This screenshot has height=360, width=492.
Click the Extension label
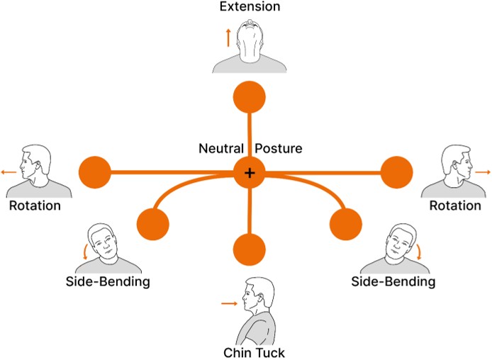pyautogui.click(x=250, y=8)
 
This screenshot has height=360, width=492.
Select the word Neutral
pyautogui.click(x=220, y=150)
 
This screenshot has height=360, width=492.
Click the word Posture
pyautogui.click(x=279, y=150)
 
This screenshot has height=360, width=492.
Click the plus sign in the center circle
pyautogui.click(x=249, y=173)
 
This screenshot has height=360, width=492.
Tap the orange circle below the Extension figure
pyautogui.click(x=249, y=96)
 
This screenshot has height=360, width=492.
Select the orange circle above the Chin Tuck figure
pyautogui.click(x=249, y=249)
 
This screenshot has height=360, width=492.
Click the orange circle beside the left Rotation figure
pyautogui.click(x=94, y=172)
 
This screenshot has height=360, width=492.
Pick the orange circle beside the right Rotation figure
pyautogui.click(x=396, y=172)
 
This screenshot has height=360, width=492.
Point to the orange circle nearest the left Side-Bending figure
pyautogui.click(x=152, y=224)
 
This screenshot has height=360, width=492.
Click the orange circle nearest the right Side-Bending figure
pyautogui.click(x=347, y=224)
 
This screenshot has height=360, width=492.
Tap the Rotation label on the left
pyautogui.click(x=35, y=206)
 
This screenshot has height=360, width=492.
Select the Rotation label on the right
pyautogui.click(x=455, y=206)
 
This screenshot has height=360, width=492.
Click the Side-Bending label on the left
pyautogui.click(x=108, y=282)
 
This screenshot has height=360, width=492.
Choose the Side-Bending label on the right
pyautogui.click(x=393, y=282)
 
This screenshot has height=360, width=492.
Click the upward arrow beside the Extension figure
pyautogui.click(x=228, y=37)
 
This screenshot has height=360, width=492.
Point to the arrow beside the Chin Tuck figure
pyautogui.click(x=228, y=303)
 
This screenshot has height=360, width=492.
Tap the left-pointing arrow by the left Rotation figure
pyautogui.click(x=9, y=172)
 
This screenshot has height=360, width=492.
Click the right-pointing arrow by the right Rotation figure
pyautogui.click(x=483, y=172)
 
